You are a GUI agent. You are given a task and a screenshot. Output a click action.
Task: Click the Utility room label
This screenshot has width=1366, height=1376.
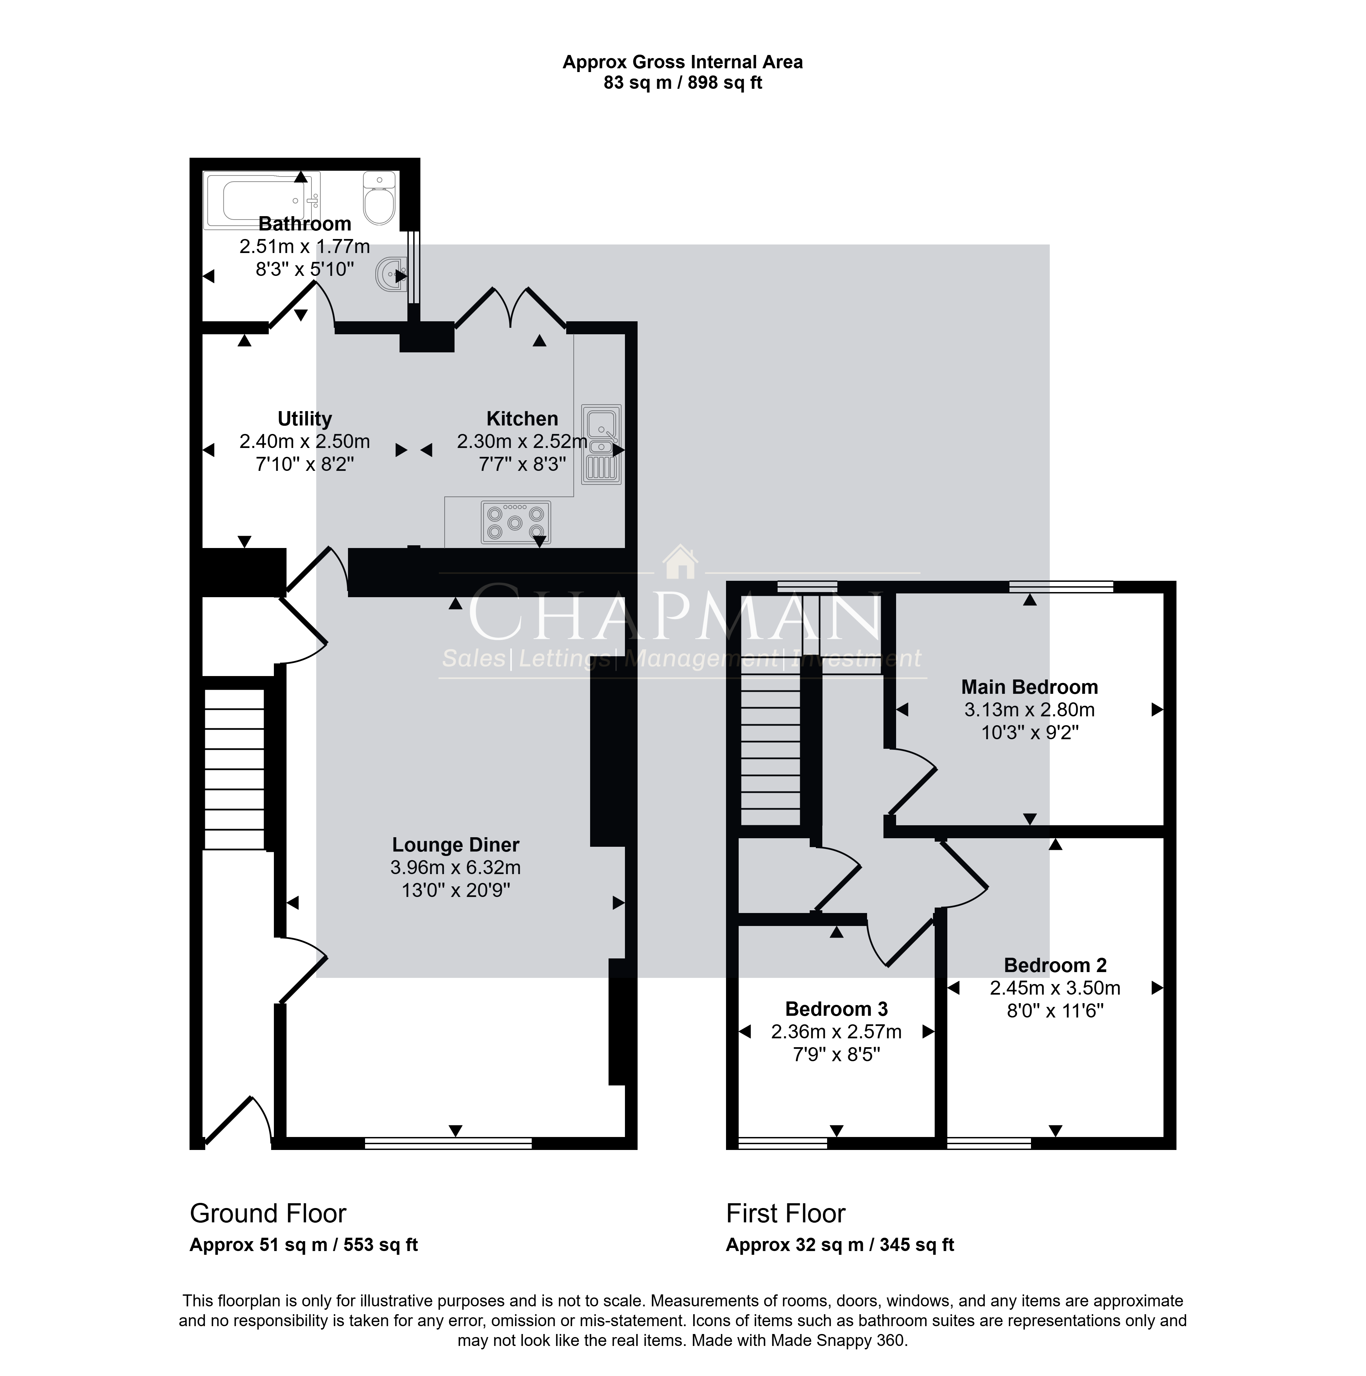click(305, 419)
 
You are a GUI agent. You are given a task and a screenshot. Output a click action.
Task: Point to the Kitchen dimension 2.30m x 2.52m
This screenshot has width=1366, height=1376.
click(522, 441)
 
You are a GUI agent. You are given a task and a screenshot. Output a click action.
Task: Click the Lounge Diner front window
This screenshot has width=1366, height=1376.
click(448, 1143)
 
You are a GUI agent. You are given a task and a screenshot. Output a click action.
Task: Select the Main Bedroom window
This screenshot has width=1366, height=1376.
click(1061, 587)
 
